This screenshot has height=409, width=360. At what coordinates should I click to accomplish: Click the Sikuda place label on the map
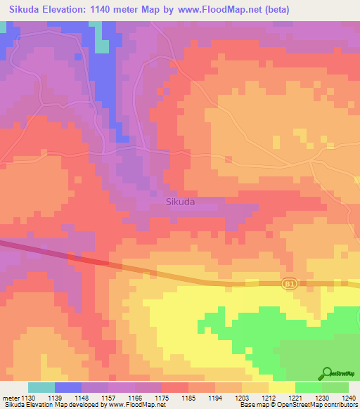coord(180,202)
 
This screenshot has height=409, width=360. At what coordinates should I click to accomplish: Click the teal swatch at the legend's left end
coord(41,387)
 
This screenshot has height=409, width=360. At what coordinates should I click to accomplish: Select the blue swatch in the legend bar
coord(68,387)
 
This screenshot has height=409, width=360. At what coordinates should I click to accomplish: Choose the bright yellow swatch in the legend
coord(282,387)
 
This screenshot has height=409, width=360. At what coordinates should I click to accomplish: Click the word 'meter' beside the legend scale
coord(11,398)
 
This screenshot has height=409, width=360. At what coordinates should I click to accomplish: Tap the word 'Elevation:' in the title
coord(69,10)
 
